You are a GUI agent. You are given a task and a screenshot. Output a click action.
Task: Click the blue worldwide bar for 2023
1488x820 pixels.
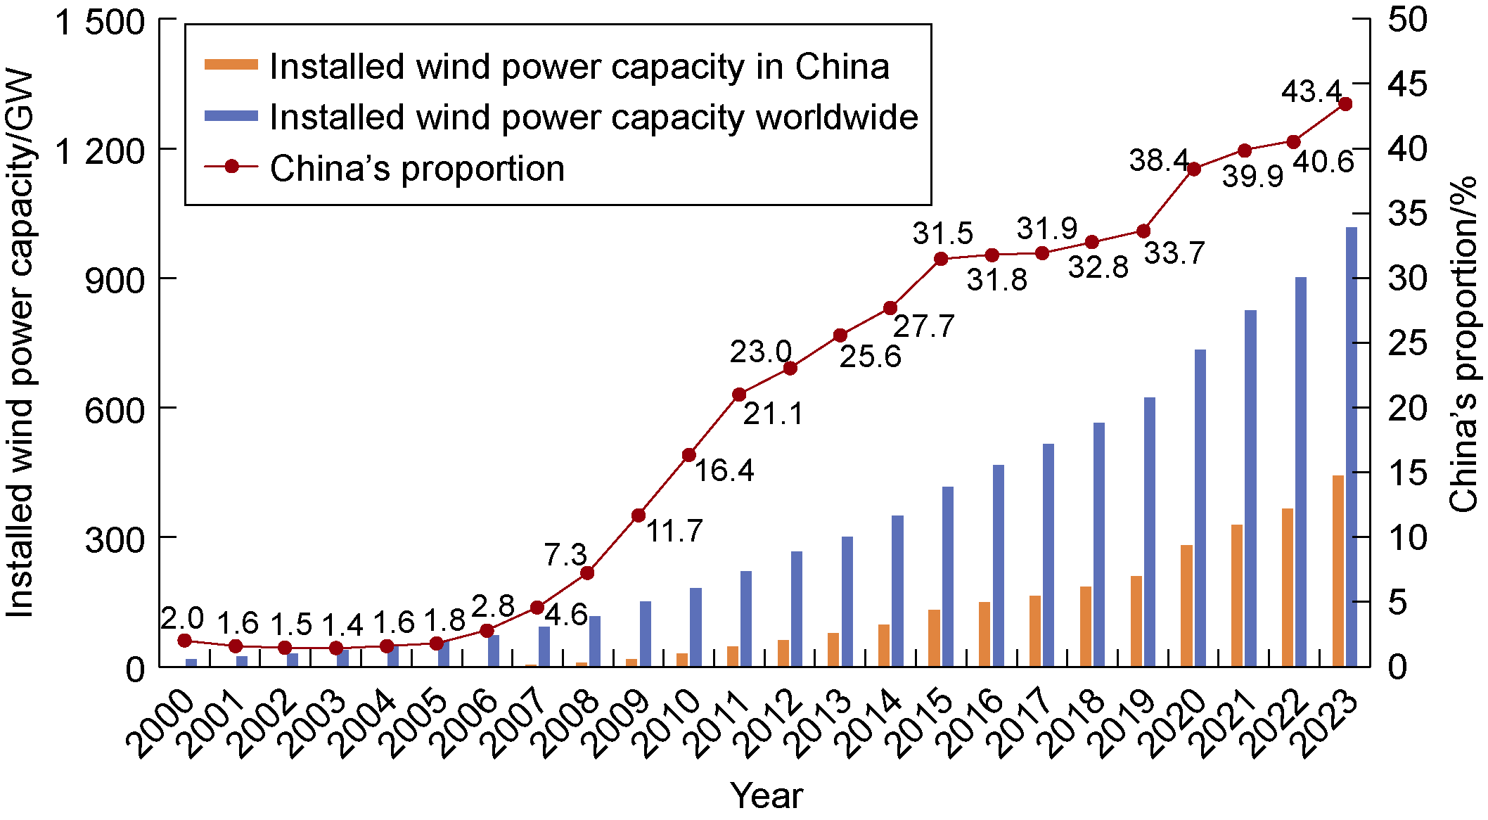[1352, 447]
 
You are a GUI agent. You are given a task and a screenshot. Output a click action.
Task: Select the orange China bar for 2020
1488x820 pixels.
[1186, 606]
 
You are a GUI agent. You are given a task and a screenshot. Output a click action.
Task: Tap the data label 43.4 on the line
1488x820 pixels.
[1311, 91]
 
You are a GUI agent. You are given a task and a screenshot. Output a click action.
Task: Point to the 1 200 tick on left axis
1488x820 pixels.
[98, 150]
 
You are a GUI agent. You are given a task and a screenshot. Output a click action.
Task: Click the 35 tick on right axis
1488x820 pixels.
[1407, 214]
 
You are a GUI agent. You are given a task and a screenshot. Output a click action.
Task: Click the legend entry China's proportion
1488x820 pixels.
[417, 169]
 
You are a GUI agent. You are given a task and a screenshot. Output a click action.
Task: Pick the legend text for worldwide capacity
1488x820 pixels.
[594, 117]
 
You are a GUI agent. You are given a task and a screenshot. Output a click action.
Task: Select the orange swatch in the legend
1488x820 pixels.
[231, 65]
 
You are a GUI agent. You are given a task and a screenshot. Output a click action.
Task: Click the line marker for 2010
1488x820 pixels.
[689, 455]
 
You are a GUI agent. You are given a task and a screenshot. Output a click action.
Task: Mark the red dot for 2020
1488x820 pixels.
[1193, 169]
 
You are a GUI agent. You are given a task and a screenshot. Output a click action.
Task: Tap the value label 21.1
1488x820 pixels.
[773, 414]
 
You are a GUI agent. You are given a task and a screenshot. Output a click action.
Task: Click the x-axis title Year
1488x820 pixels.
[767, 796]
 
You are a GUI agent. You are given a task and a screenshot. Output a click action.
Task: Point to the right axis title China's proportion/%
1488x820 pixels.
[1464, 345]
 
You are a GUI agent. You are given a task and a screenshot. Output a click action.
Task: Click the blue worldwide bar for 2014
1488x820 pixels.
[897, 591]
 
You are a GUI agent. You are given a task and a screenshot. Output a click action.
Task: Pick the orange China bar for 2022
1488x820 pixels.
[1288, 587]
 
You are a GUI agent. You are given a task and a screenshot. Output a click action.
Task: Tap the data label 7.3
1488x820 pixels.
[565, 556]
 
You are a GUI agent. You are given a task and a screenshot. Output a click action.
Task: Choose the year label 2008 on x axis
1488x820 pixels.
[564, 724]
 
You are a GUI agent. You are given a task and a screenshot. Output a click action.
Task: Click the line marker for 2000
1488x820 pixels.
[185, 641]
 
